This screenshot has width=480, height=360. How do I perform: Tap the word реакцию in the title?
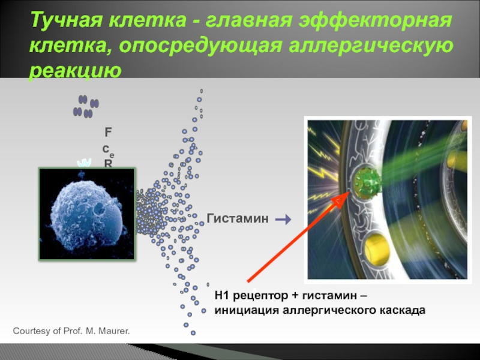[76, 71]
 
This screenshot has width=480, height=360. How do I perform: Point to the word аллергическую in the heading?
[371, 46]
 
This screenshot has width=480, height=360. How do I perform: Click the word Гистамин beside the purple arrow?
[238, 218]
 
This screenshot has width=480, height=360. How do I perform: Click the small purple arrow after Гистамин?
[283, 219]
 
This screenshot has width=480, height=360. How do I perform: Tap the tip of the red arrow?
[350, 192]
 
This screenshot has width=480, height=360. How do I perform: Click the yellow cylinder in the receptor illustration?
[376, 248]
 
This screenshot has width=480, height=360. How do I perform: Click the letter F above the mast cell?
[108, 132]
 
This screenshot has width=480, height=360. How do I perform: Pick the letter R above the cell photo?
[108, 164]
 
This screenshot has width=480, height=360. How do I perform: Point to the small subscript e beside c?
[112, 155]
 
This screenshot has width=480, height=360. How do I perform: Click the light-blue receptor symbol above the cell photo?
[84, 163]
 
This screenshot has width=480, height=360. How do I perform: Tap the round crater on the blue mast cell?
[99, 208]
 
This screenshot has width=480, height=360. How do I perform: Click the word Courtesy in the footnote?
[28, 331]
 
